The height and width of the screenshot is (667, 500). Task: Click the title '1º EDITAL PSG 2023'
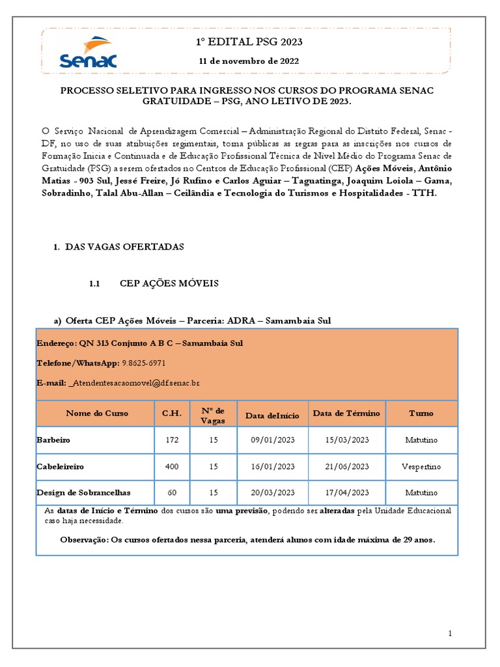(250, 42)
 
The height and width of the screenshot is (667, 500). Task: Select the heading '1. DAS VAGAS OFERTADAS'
(118, 247)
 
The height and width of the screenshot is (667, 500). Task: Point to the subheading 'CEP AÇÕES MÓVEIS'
(169, 284)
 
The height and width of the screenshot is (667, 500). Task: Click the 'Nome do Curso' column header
(97, 414)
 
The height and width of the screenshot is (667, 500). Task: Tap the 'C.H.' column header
(172, 414)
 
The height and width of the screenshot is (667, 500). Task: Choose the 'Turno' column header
(421, 414)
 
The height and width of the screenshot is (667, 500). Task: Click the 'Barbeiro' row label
(53, 440)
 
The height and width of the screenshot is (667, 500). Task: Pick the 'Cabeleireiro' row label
(61, 467)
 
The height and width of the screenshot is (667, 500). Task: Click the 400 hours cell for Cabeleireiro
(172, 467)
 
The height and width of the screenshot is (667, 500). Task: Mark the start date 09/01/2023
(273, 440)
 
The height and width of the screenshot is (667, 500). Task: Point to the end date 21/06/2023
(347, 467)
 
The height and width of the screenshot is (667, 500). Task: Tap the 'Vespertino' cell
(421, 467)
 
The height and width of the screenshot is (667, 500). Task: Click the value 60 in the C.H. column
(172, 493)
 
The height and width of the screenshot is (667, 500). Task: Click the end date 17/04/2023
(347, 493)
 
